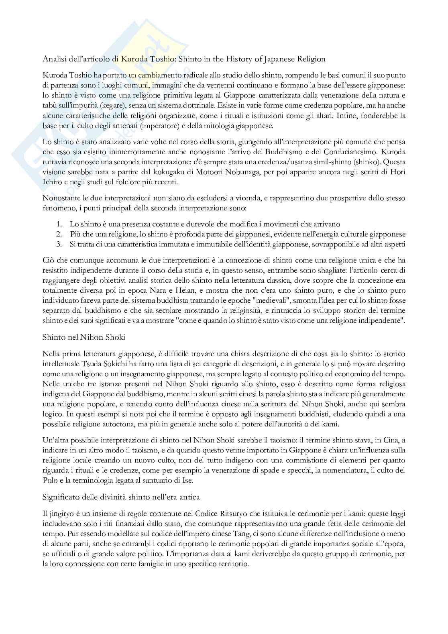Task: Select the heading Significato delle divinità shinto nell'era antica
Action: click(121, 497)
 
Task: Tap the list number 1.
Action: click(59, 224)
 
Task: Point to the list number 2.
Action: click(59, 234)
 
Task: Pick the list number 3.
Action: click(59, 244)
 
